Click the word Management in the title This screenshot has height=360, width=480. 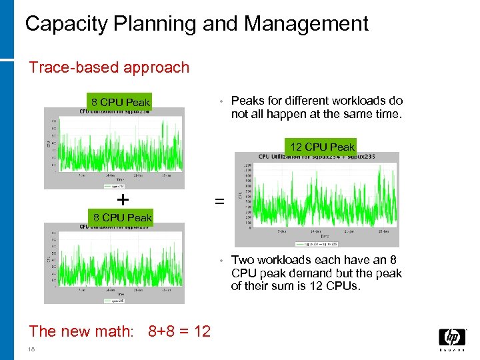tap(306, 24)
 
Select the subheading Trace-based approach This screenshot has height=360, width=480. tap(109, 67)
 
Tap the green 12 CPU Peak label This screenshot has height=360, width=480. tap(322, 147)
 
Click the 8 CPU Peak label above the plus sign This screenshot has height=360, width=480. tap(121, 103)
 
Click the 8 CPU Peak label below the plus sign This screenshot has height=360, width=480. tap(122, 217)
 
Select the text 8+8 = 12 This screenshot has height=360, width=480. tap(179, 331)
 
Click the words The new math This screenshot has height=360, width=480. tap(81, 331)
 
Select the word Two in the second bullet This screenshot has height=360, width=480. tap(243, 260)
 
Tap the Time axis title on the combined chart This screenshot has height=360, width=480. tap(324, 237)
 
